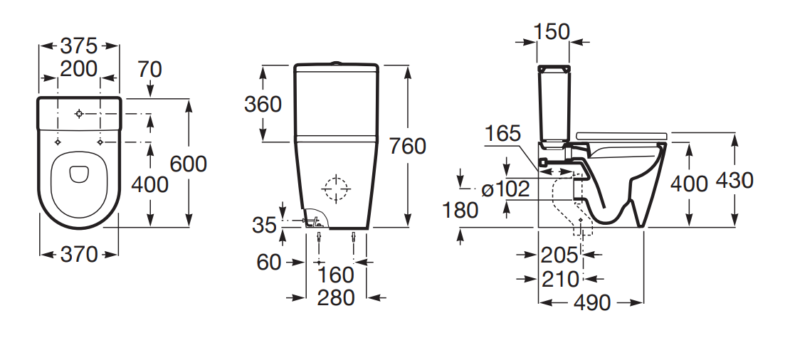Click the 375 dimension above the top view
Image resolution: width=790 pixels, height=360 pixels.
click(x=78, y=46)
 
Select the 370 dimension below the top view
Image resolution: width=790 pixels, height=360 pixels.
click(x=78, y=255)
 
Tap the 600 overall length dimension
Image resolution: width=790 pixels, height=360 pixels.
click(x=189, y=164)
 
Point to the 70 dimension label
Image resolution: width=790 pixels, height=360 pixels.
click(x=149, y=70)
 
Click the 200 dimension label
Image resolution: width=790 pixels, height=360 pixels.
click(x=78, y=69)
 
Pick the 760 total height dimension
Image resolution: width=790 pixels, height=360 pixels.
click(x=408, y=147)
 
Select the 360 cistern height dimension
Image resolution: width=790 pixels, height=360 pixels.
click(x=263, y=104)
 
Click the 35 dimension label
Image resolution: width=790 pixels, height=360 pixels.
click(x=265, y=225)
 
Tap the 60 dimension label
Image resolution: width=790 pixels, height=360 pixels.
click(x=268, y=262)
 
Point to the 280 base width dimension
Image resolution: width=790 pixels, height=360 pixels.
click(x=336, y=298)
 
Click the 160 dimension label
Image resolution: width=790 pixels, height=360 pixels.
click(x=336, y=275)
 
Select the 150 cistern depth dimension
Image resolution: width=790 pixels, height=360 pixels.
click(x=552, y=32)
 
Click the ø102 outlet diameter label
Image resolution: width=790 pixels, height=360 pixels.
click(x=505, y=189)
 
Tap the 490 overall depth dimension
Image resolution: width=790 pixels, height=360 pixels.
click(x=592, y=302)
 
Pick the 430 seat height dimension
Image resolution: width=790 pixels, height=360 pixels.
click(x=735, y=180)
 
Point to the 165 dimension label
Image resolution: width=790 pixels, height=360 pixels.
click(x=502, y=134)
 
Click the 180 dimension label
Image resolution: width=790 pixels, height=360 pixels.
click(x=460, y=210)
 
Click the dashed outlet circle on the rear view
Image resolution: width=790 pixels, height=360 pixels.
click(x=336, y=189)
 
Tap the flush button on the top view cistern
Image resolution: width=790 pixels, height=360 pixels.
click(x=79, y=114)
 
